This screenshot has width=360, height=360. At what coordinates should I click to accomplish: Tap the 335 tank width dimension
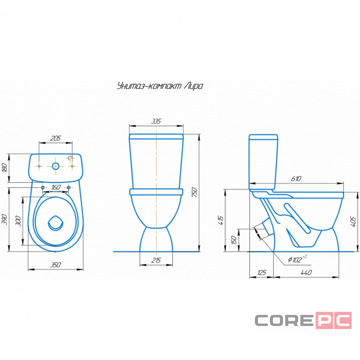pos(156,121)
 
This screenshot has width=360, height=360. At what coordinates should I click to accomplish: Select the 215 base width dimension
pos(156,261)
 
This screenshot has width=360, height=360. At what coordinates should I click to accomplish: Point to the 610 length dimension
pos(296,179)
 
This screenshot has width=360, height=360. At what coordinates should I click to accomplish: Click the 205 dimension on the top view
pos(56,138)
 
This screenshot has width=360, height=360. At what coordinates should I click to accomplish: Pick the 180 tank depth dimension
pos(4,167)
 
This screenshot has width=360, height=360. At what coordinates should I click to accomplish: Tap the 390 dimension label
pos(4,219)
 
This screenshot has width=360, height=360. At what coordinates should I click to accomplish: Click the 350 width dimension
pos(56,265)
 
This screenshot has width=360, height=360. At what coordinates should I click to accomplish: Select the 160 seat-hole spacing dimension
pos(56,187)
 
